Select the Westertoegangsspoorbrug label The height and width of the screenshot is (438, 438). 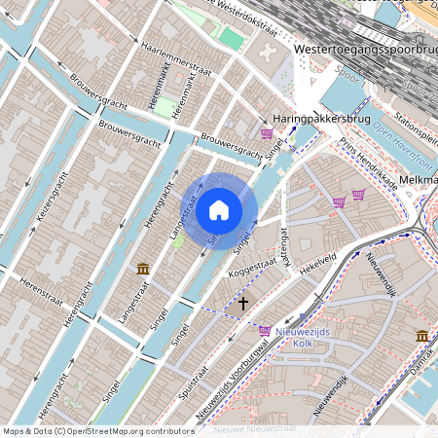364,48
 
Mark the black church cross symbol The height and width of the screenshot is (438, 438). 243,304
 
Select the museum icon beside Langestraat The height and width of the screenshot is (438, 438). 143,268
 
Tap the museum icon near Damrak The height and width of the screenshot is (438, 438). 422,336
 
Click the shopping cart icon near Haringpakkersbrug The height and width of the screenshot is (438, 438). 266,133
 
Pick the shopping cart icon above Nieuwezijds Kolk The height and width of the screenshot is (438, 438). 265,331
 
